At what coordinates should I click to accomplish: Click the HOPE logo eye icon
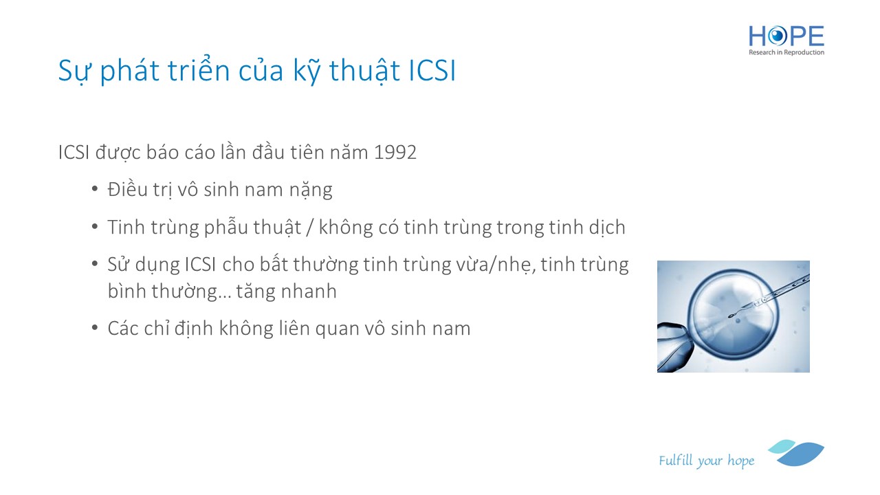[x=778, y=36]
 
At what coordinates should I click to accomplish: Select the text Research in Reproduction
[x=786, y=52]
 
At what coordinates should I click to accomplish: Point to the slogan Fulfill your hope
[x=706, y=461]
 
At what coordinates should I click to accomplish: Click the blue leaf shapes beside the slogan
[x=796, y=452]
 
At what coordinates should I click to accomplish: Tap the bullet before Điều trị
[x=95, y=189]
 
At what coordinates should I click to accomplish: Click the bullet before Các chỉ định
[x=95, y=328]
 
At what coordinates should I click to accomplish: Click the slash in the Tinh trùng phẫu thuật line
[x=309, y=227]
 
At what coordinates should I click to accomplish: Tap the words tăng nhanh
[x=287, y=292]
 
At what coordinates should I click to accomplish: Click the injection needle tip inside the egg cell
[x=731, y=316]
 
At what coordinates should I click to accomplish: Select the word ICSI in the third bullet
[x=200, y=265]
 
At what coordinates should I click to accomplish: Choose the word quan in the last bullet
[x=337, y=329]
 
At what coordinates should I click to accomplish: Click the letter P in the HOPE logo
[x=797, y=36]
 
